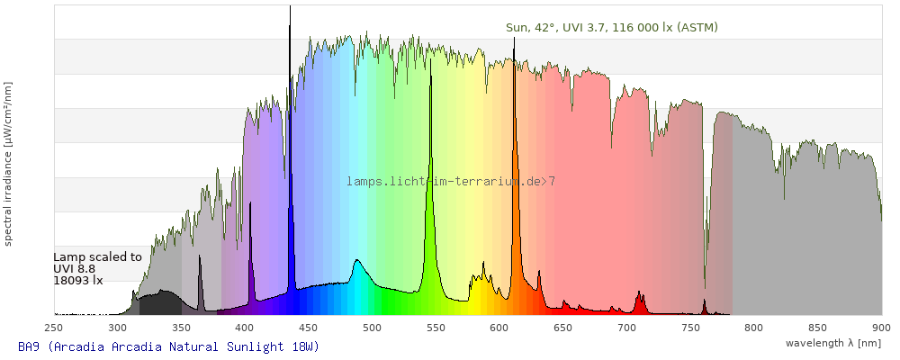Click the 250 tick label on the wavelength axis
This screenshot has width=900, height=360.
(54, 328)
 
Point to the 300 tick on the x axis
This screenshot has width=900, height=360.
(118, 328)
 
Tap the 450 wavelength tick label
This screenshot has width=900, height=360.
(309, 328)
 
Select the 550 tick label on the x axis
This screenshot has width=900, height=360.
(436, 328)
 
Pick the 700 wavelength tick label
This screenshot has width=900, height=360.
(626, 328)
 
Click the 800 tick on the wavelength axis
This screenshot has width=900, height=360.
(753, 328)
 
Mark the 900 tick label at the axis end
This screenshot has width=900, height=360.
(880, 328)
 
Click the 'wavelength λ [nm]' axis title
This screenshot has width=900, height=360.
(832, 343)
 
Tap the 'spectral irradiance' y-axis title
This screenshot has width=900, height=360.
(8, 162)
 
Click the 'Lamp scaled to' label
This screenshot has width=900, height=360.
(97, 256)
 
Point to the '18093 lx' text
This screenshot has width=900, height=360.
(78, 280)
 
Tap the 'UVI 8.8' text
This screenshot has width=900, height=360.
(75, 268)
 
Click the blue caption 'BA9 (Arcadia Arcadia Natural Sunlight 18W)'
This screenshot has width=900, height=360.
(168, 346)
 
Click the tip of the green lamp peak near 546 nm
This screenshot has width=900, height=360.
(430, 61)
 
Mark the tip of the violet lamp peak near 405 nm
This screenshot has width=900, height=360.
(250, 204)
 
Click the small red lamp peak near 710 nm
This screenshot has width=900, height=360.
(639, 292)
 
